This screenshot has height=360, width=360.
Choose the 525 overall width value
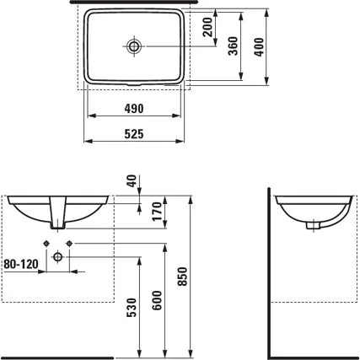pyautogui.click(x=135, y=133)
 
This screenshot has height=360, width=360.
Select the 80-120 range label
pyautogui.click(x=20, y=264)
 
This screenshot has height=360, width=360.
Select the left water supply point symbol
pyautogui.click(x=44, y=244)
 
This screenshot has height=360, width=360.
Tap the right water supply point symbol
pyautogui.click(x=71, y=244)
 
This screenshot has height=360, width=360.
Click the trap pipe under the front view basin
pyautogui.click(x=57, y=216)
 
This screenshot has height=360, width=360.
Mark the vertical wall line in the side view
pyautogui.click(x=270, y=270)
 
